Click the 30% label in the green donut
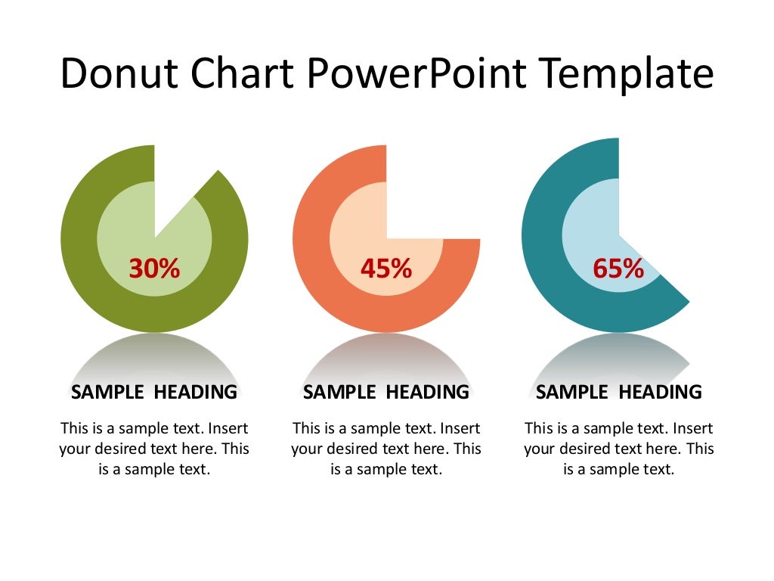click(x=154, y=268)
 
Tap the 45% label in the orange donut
click(x=385, y=268)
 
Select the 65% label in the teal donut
click(x=618, y=268)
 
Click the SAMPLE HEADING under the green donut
click(x=154, y=392)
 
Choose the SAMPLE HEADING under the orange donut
click(x=386, y=392)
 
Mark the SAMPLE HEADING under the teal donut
click(x=619, y=392)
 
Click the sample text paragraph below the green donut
click(x=154, y=449)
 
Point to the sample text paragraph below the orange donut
click(x=386, y=449)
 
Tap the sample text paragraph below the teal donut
click(x=619, y=449)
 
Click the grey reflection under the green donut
click(x=154, y=356)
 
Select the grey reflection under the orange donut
click(x=386, y=356)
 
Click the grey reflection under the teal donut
click(x=619, y=356)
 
